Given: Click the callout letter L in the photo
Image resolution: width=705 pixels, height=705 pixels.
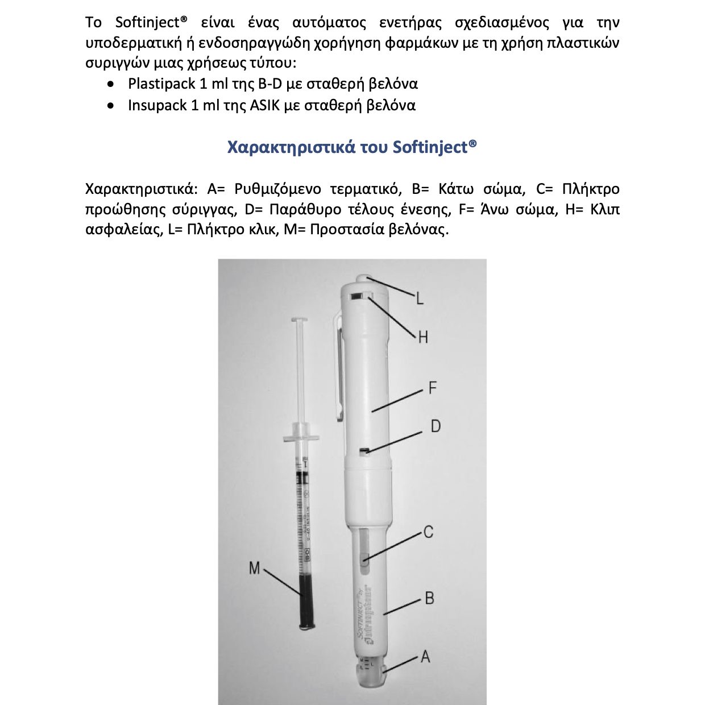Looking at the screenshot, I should pos(420,297).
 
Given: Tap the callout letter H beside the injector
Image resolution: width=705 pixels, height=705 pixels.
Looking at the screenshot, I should pos(422,337).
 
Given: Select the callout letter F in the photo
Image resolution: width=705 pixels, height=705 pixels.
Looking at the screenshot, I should pos(432,388).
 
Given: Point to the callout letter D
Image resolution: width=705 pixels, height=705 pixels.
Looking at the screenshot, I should pos(436,426).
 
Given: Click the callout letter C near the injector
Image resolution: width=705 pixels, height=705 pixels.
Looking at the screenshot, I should pos(428,532).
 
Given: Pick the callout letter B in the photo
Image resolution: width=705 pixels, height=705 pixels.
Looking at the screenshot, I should pos(429,598).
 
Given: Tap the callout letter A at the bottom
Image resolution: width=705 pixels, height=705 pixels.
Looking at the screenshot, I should pos(425,657).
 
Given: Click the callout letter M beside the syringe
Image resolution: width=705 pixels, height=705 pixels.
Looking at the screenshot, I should pos(254,568).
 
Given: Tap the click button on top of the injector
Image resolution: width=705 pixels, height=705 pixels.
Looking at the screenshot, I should pos(364,279).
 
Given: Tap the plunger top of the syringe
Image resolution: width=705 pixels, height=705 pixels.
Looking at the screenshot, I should pos(300,322).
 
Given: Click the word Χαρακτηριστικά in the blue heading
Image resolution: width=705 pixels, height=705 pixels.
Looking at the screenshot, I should pos(291,147).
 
